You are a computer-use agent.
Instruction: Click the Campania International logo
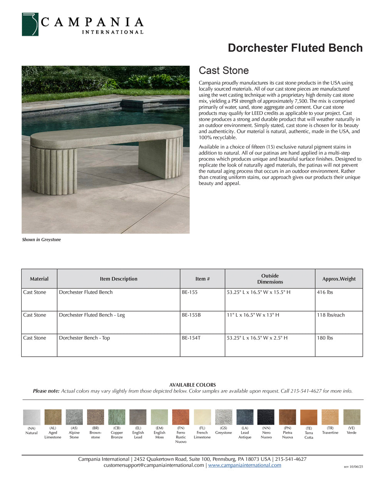click(82, 25)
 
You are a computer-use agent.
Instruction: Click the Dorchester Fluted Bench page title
click(295, 48)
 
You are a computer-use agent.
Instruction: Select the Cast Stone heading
click(224, 70)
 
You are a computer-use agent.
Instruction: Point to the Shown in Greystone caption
click(42, 240)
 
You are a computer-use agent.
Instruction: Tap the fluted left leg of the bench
click(54, 169)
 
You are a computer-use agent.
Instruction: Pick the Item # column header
click(203, 279)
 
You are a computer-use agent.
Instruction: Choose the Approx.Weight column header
click(339, 279)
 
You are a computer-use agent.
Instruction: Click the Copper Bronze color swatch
click(117, 417)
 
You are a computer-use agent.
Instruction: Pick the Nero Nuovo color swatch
click(266, 417)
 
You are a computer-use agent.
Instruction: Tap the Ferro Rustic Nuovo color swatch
click(181, 417)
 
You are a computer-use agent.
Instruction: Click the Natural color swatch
click(32, 417)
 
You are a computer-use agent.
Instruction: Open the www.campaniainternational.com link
click(244, 465)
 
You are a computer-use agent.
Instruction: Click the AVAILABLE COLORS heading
click(192, 385)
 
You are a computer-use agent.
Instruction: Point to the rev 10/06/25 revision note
click(353, 467)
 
